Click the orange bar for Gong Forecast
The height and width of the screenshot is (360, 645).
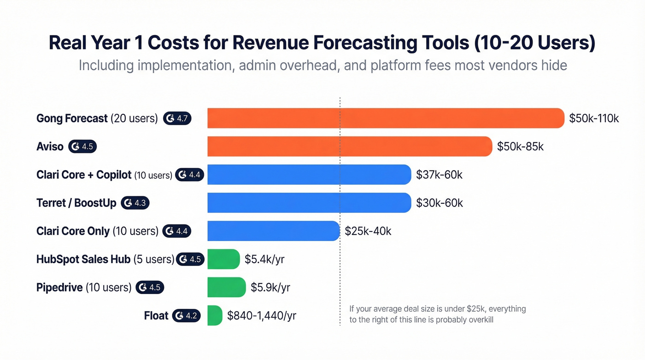(386, 118)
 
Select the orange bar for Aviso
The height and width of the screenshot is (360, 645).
(350, 147)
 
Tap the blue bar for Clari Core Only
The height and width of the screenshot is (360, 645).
(273, 231)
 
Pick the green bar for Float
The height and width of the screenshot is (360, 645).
(215, 316)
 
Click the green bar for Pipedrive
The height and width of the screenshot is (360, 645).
(226, 287)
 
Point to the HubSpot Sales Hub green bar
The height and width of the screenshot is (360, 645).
(223, 259)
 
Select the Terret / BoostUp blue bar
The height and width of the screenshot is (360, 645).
(309, 203)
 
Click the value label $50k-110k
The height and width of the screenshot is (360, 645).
(594, 118)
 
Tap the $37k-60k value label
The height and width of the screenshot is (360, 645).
(440, 175)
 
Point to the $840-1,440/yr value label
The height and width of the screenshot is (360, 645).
(262, 316)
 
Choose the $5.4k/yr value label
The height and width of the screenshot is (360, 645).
(264, 259)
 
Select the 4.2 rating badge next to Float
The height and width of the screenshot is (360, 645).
(186, 316)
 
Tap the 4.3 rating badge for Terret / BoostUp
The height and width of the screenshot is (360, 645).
(135, 203)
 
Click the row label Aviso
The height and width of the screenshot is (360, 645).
(50, 147)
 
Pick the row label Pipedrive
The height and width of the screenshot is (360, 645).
(59, 287)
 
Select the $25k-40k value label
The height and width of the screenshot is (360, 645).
(368, 231)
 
